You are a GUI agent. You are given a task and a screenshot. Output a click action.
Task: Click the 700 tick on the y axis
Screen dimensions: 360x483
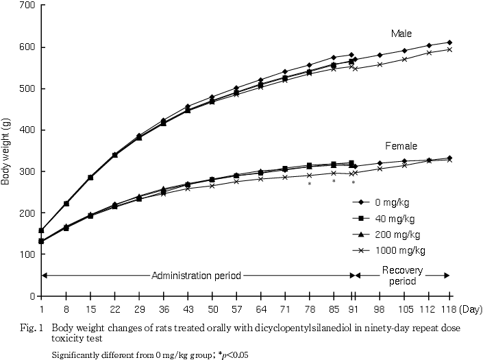pos(29,5)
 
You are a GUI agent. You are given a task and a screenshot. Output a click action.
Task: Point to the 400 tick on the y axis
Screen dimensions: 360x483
pos(29,130)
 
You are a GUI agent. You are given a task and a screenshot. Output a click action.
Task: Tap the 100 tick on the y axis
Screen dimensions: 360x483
pos(29,254)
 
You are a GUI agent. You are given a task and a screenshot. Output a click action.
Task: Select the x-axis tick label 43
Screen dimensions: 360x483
pos(188,309)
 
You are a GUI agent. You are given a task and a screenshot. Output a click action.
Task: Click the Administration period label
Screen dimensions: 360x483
pos(197,276)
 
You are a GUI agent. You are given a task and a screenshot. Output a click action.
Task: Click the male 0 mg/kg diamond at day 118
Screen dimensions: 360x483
pos(449,43)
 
